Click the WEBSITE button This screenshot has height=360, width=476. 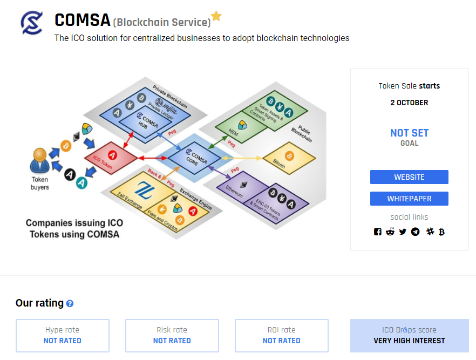409,177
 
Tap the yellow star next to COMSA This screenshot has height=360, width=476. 216,16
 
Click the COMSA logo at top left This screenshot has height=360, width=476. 32,23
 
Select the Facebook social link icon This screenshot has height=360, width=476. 378,232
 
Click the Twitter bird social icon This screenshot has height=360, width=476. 403,232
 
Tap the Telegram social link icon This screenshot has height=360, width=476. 415,232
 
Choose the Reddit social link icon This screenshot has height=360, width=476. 390,232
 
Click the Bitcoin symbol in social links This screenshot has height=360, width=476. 441,232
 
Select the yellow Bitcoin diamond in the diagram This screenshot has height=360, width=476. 289,158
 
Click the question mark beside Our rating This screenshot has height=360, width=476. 70,304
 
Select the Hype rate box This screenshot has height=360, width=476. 63,335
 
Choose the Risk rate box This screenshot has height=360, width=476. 172,335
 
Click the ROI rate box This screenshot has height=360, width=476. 282,335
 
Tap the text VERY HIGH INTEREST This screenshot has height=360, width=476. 409,341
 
